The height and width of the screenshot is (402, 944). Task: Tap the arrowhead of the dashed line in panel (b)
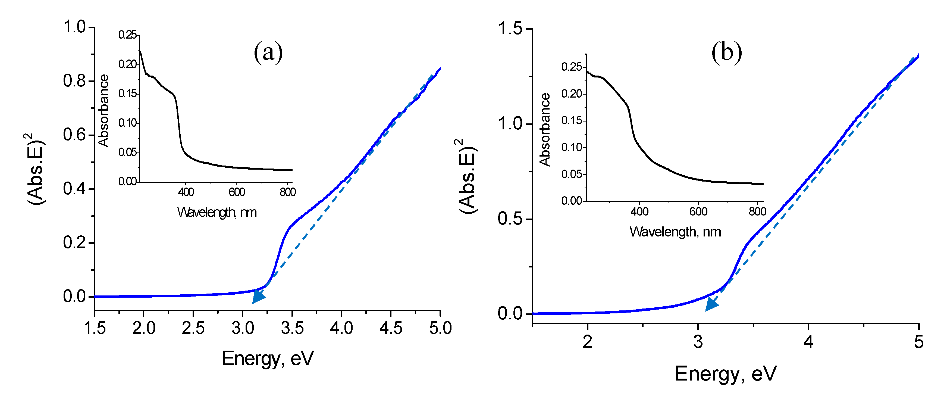pyautogui.click(x=711, y=304)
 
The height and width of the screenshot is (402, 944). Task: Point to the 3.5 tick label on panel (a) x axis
pyautogui.click(x=292, y=328)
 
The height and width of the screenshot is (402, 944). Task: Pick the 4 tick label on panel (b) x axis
pyautogui.click(x=808, y=342)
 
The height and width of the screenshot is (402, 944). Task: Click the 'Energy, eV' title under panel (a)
pyautogui.click(x=268, y=358)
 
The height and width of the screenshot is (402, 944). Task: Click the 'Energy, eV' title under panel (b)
pyautogui.click(x=726, y=374)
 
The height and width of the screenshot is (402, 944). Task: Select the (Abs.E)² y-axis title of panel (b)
pyautogui.click(x=468, y=176)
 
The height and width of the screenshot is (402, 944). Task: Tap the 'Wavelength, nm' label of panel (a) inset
pyautogui.click(x=217, y=212)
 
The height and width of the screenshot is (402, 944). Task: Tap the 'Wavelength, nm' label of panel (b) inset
pyautogui.click(x=675, y=232)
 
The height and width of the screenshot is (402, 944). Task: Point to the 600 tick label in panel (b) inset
pyautogui.click(x=698, y=212)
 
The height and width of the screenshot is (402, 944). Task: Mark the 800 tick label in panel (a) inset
pyautogui.click(x=288, y=192)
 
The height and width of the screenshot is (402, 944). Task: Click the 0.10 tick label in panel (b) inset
pyautogui.click(x=571, y=147)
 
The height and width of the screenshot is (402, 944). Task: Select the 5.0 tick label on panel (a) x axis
pyautogui.click(x=440, y=328)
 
